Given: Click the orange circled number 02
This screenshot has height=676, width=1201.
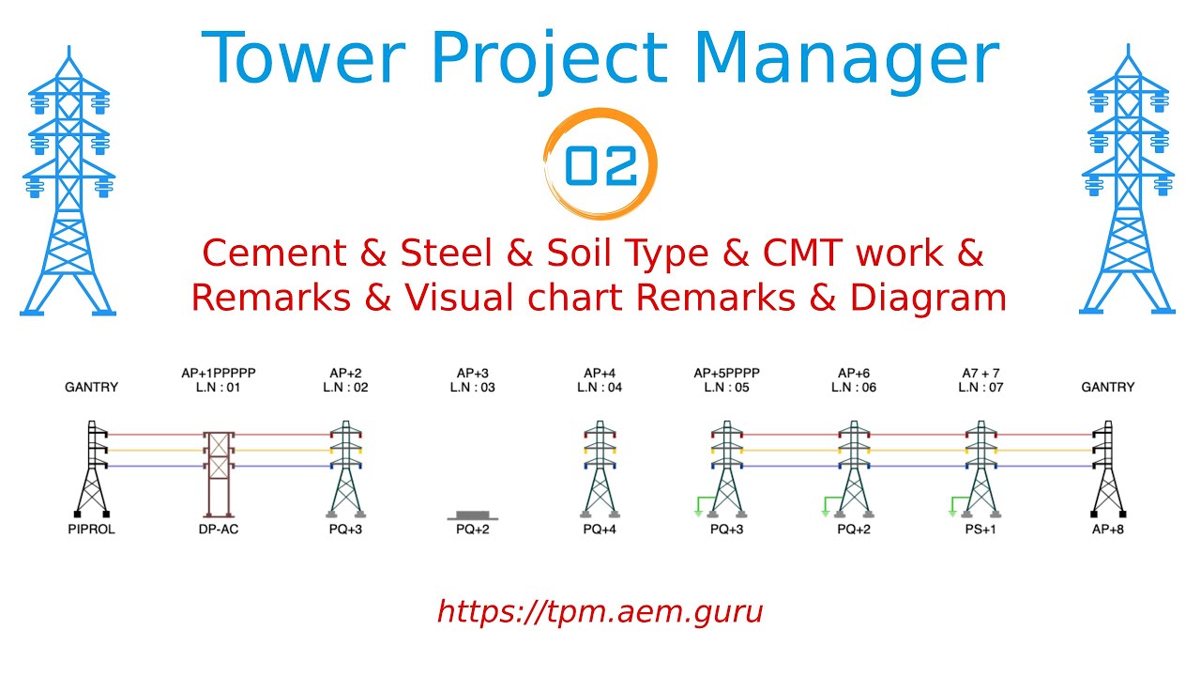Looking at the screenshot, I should click(x=600, y=165).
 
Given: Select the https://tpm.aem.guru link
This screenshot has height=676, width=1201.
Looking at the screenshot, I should click(x=600, y=612).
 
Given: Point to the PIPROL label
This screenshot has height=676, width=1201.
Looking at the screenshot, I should click(x=91, y=530).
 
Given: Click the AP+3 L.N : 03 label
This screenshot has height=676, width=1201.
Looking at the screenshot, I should click(x=472, y=380).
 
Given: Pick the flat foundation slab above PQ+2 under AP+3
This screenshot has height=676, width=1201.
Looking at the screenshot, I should click(x=472, y=515).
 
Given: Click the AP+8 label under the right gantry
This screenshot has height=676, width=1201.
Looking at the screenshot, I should click(x=1108, y=530).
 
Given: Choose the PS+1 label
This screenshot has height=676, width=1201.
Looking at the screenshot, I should click(x=981, y=530).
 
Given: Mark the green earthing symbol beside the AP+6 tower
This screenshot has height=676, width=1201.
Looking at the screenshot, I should click(x=826, y=508).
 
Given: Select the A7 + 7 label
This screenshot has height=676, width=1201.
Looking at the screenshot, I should click(x=981, y=373).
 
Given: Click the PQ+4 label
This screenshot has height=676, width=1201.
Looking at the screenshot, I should click(x=600, y=530).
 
